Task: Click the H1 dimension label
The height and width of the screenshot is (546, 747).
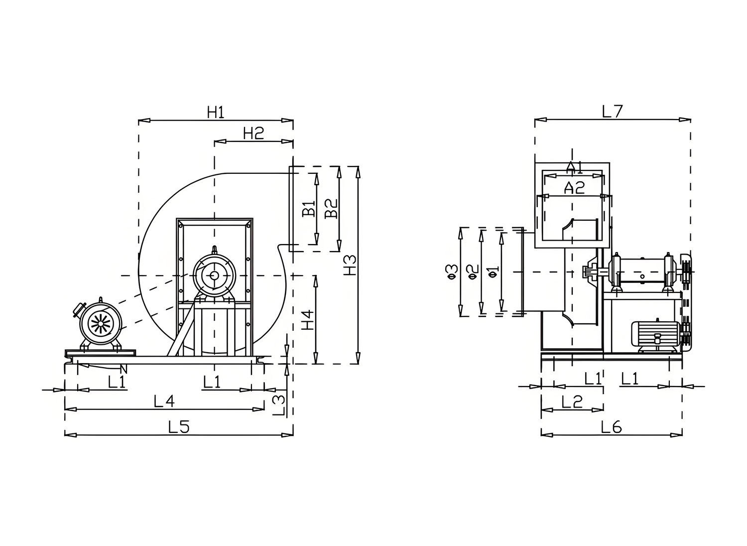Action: click(216, 113)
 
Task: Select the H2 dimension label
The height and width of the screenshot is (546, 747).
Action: click(253, 134)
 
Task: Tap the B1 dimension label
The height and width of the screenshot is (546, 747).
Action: click(309, 209)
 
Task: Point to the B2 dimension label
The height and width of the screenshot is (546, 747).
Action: click(331, 208)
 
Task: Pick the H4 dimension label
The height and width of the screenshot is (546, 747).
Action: click(308, 320)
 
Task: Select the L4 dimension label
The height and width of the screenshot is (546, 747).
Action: click(164, 401)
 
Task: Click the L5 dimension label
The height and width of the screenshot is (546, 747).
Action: click(179, 427)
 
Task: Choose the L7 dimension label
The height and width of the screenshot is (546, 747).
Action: click(612, 112)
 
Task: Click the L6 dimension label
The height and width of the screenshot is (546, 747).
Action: click(611, 427)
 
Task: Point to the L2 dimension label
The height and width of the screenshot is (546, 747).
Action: click(572, 402)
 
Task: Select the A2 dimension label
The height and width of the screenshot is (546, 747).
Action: click(574, 188)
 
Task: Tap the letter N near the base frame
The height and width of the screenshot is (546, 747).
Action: click(124, 369)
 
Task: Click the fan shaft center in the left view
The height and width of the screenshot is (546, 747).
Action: click(214, 275)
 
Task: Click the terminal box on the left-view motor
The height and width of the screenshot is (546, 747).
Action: click(79, 309)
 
